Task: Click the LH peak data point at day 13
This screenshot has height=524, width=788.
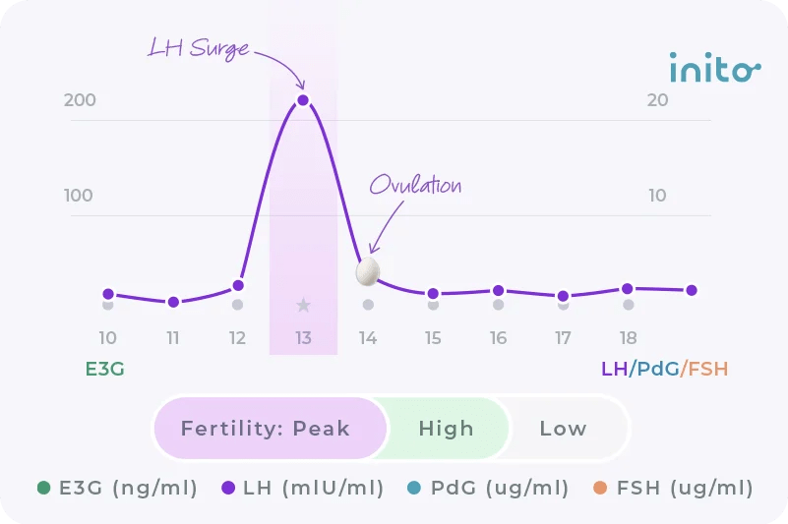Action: (x=303, y=100)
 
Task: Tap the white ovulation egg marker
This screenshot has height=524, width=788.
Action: (x=368, y=271)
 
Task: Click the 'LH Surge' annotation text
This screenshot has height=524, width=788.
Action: (x=199, y=47)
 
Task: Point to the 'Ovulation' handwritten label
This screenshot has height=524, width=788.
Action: (x=415, y=185)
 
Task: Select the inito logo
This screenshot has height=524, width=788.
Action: (x=714, y=70)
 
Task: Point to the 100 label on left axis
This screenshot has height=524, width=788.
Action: (x=79, y=196)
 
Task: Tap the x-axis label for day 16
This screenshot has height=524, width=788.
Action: (x=498, y=338)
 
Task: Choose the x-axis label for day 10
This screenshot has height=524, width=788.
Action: (x=107, y=338)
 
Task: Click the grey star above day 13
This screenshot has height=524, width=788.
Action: (x=303, y=306)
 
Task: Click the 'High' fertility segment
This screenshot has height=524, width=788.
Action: (x=447, y=429)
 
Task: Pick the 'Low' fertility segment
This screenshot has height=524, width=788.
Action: (x=563, y=429)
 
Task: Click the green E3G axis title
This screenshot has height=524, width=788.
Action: (x=105, y=370)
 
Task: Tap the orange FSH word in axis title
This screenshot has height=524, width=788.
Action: (x=708, y=370)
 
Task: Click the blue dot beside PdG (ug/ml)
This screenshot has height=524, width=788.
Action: (x=413, y=488)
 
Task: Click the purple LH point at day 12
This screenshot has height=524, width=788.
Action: (x=238, y=286)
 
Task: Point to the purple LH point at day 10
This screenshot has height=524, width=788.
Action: (x=108, y=294)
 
